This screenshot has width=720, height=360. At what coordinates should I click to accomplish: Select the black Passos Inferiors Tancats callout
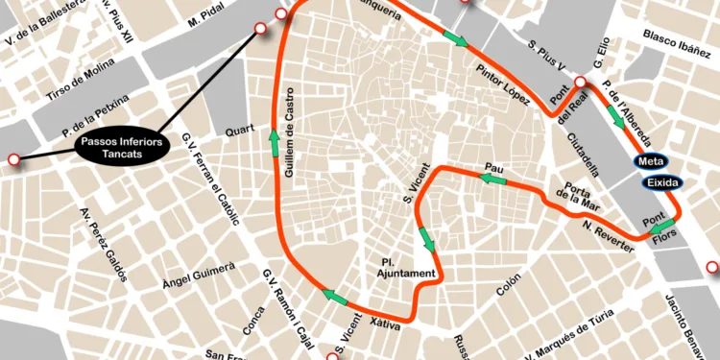point(121,147)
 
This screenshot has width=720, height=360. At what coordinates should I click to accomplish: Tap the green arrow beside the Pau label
point(492,179)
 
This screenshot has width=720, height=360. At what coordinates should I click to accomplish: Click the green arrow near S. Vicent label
point(426,239)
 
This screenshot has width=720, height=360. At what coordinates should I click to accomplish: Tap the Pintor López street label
point(502,84)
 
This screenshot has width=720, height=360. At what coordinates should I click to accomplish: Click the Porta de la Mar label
point(584,197)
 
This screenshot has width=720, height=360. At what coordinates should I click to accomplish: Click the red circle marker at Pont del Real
point(580,83)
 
